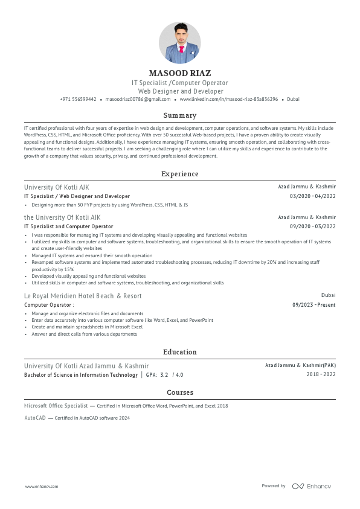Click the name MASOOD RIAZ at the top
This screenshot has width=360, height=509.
pos(179,73)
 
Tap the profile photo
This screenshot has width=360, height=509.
pos(179,43)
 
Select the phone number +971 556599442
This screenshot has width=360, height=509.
pos(78,99)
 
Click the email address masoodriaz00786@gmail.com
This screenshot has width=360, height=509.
pos(138,99)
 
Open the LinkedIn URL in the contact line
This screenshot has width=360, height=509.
pos(228,99)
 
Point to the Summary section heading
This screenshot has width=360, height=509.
pos(179,115)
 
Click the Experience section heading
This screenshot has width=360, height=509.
pos(179,174)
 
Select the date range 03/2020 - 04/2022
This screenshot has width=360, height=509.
pos(313,196)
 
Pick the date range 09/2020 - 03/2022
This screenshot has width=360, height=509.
pos(313,226)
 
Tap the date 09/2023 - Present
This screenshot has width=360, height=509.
pos(314,305)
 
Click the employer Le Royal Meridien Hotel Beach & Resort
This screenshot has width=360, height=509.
pos(83,296)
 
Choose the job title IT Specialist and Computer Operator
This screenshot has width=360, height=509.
pos(68,226)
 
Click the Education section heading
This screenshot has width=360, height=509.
pos(179,352)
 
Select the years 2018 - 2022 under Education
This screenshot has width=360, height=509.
pos(321,375)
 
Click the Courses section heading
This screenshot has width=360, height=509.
pos(179,392)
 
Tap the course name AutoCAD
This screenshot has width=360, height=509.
pos(34,418)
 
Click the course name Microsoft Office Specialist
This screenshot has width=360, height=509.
pos(56,406)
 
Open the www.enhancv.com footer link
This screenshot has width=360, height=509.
pos(40,486)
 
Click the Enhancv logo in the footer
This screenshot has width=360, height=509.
pos(312,486)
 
